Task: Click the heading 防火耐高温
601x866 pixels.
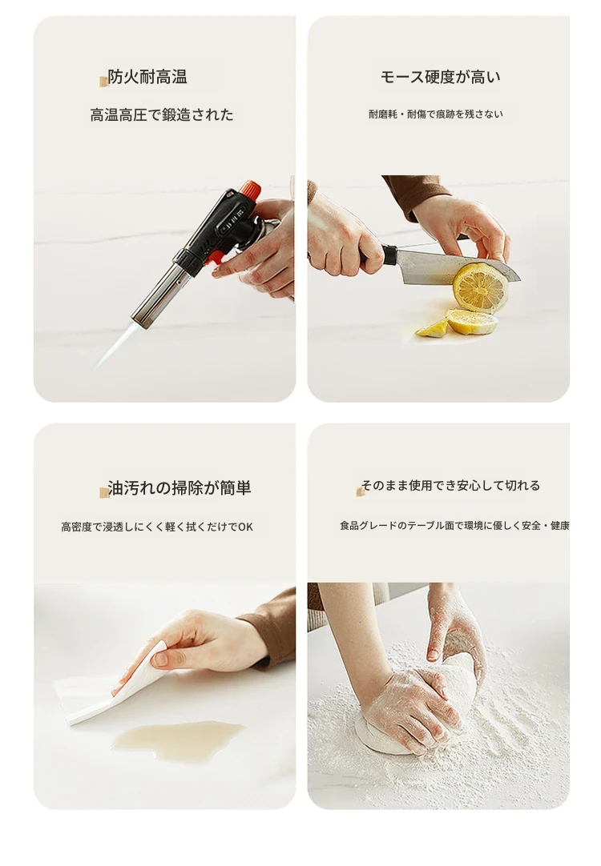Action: (x=147, y=77)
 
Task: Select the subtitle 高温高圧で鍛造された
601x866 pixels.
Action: (x=161, y=115)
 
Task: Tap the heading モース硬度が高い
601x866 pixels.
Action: (x=440, y=77)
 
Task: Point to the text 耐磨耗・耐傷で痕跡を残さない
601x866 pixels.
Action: (x=436, y=114)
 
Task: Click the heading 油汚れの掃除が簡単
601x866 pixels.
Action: (x=179, y=488)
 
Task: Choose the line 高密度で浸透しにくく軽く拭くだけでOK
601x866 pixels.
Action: (x=157, y=527)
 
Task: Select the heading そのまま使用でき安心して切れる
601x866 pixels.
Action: (x=450, y=486)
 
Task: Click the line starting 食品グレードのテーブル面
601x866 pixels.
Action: (x=454, y=525)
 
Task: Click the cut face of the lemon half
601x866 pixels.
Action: (x=480, y=287)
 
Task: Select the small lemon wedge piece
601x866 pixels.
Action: (x=432, y=329)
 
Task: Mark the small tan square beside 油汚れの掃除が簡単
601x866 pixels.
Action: (x=103, y=492)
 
